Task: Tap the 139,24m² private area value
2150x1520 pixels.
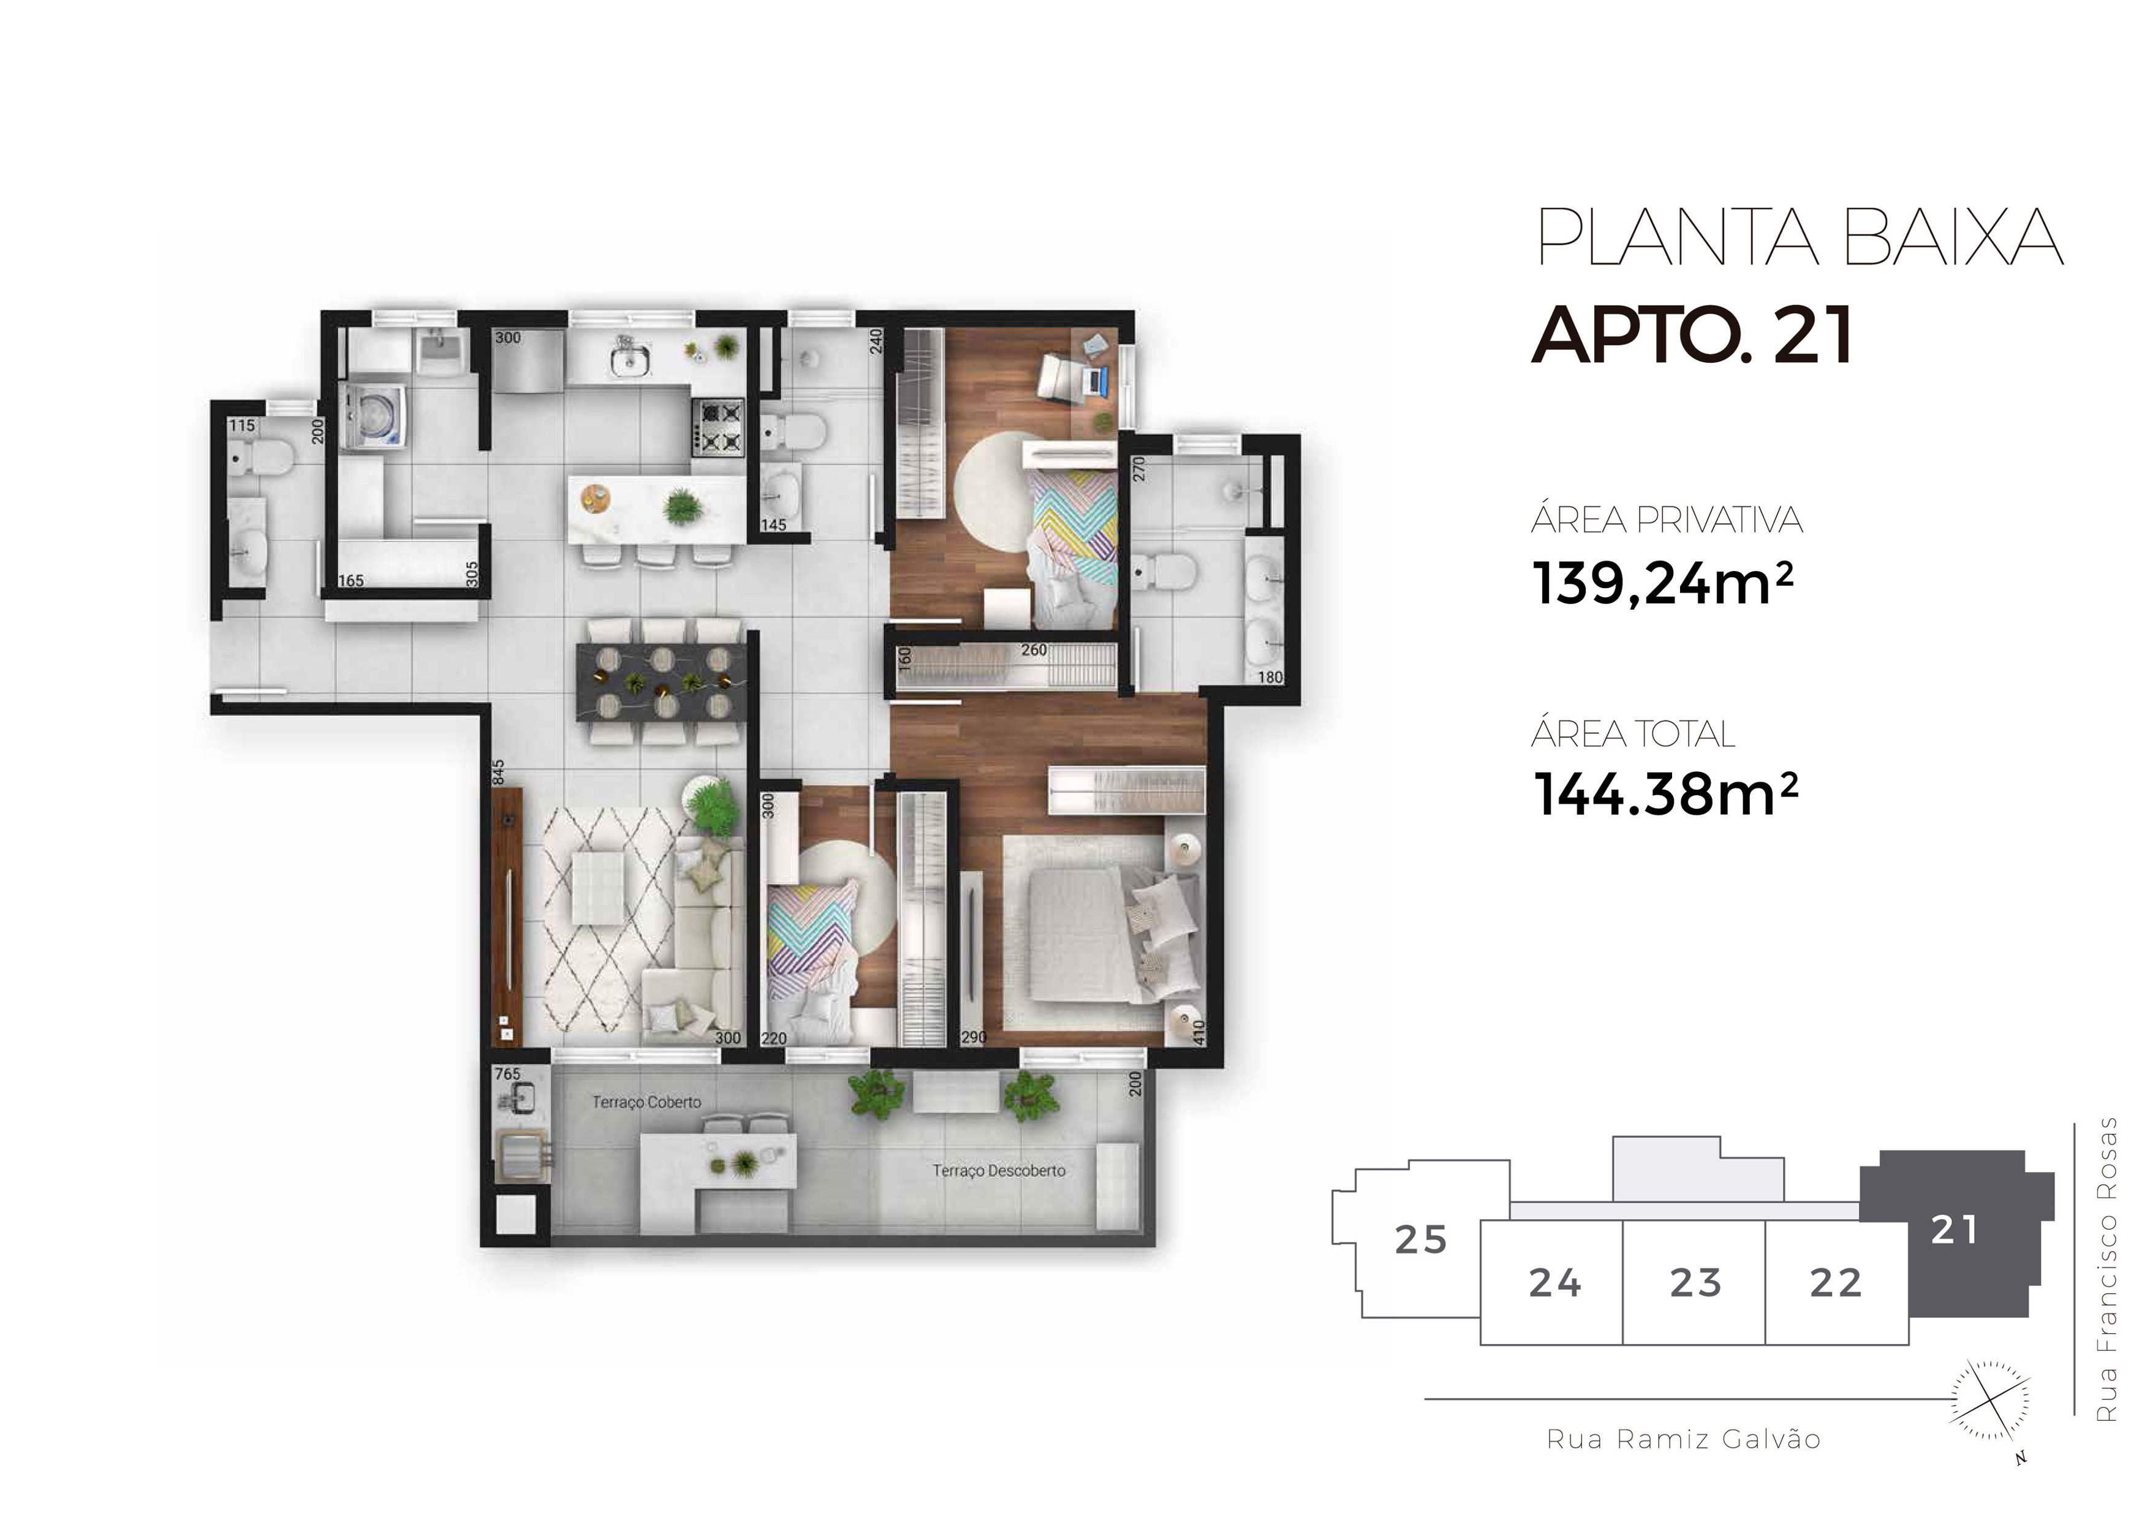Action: pyautogui.click(x=1663, y=583)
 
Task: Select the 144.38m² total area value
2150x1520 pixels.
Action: pyautogui.click(x=1665, y=793)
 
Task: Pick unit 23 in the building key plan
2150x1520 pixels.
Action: pyautogui.click(x=1695, y=1282)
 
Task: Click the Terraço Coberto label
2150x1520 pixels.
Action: pyautogui.click(x=646, y=1102)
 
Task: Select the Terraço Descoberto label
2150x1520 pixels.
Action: pyautogui.click(x=998, y=1171)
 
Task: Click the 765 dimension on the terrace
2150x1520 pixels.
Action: pyautogui.click(x=507, y=1074)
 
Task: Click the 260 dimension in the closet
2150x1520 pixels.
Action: pyautogui.click(x=1034, y=650)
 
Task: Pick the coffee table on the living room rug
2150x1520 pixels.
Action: pyautogui.click(x=597, y=888)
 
